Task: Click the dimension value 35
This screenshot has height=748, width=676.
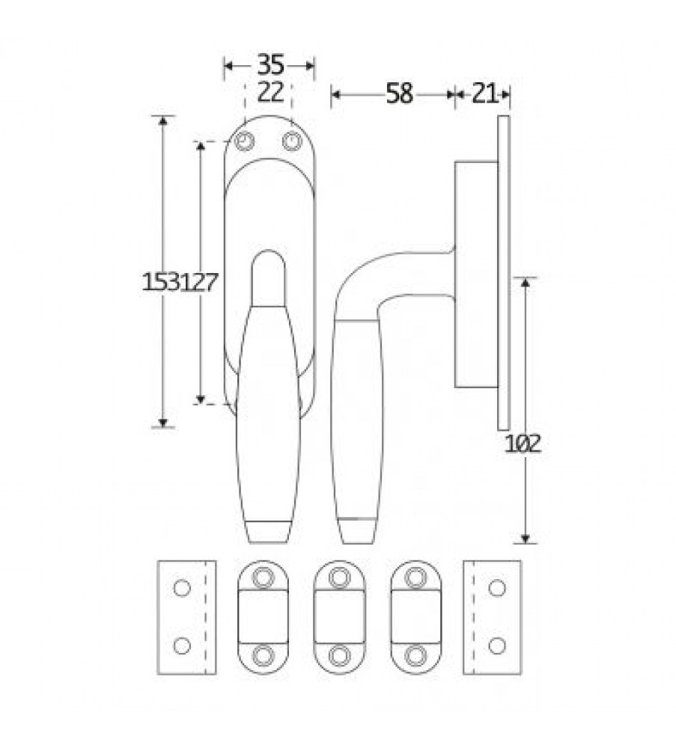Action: (x=270, y=64)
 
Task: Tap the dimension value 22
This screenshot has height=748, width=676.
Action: (x=270, y=92)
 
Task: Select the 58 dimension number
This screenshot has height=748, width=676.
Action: (x=399, y=93)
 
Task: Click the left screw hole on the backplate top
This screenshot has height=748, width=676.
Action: (x=245, y=141)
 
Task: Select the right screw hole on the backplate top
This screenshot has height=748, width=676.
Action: (x=292, y=141)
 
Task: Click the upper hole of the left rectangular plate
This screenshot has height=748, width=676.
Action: (x=182, y=588)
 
